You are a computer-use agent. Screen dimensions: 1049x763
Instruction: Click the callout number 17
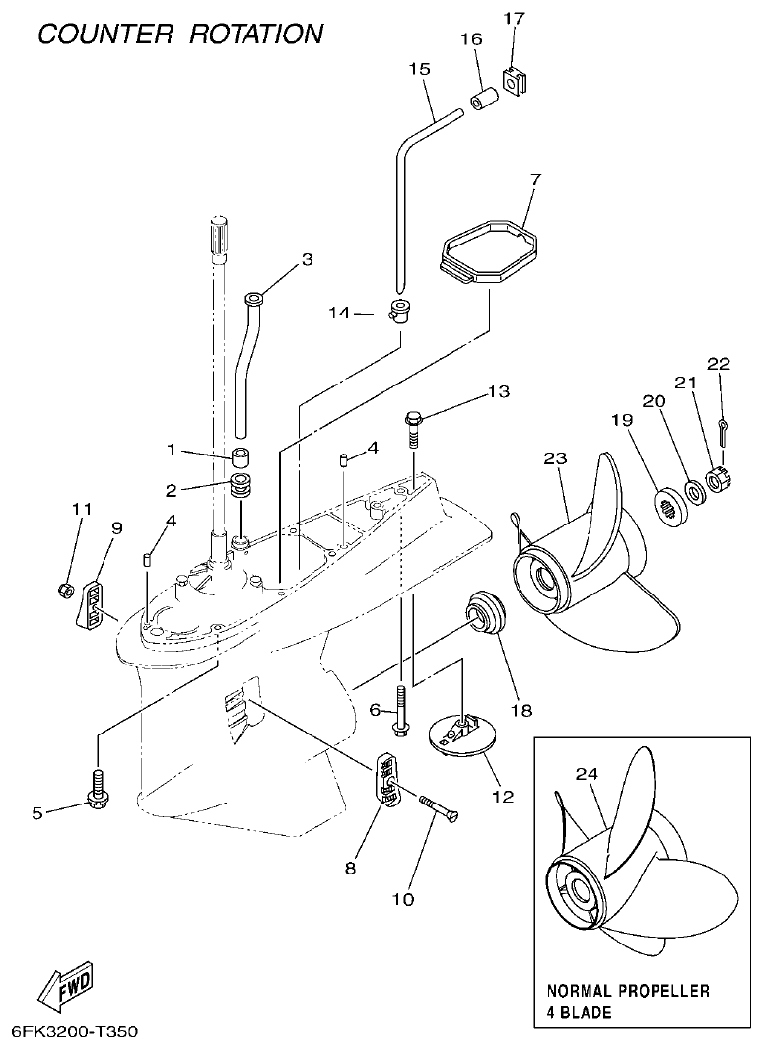click(515, 18)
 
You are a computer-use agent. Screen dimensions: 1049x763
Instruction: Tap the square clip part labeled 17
click(513, 78)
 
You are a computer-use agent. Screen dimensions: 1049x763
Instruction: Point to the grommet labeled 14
click(401, 311)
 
